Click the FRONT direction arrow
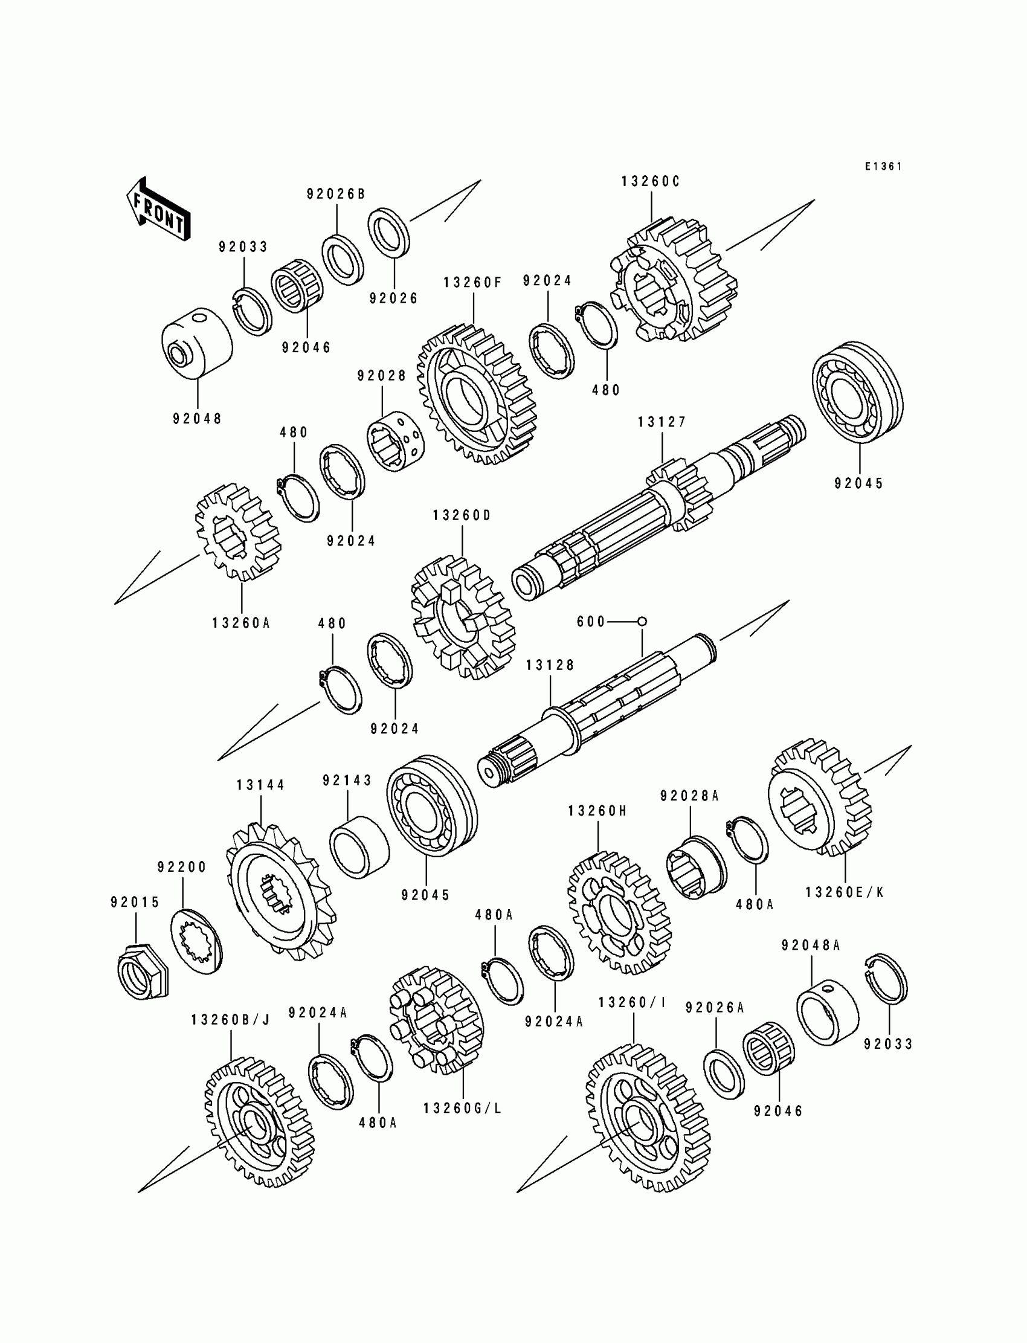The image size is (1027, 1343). click(x=158, y=210)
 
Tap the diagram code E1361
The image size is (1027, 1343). click(x=883, y=166)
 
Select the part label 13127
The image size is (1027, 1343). click(x=662, y=422)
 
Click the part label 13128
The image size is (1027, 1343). click(x=550, y=665)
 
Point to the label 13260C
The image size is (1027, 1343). click(x=651, y=182)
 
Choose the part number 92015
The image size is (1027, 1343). click(x=135, y=902)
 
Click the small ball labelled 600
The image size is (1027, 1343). click(x=642, y=622)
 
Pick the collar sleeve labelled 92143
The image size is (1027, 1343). click(x=359, y=847)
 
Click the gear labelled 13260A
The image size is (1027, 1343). click(x=237, y=532)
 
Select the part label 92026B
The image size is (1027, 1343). click(x=336, y=194)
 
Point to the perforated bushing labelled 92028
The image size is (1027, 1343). click(x=396, y=441)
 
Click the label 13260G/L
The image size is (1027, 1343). click(x=463, y=1107)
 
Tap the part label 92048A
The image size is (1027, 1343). click(x=811, y=945)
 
